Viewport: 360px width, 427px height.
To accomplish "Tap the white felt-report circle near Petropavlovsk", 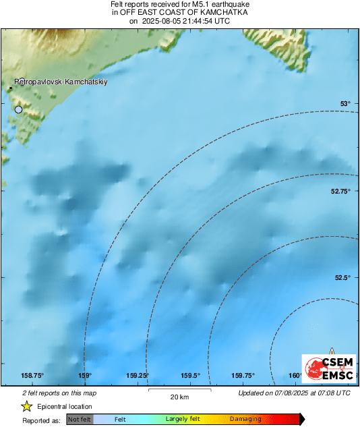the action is point(18,109).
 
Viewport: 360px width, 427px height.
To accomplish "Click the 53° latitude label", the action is point(344,103).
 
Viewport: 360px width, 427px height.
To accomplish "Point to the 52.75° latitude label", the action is point(340,192).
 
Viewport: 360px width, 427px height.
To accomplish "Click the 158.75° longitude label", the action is point(32,376).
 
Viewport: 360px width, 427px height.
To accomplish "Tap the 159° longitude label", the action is point(85,376).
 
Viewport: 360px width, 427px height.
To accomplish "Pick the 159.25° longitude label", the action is point(138,376).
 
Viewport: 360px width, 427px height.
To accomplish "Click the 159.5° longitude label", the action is point(190,376).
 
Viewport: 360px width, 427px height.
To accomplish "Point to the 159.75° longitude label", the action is point(243,376).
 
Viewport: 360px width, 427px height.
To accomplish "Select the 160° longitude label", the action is point(295,376).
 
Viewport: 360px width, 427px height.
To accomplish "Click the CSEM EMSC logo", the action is point(328,369).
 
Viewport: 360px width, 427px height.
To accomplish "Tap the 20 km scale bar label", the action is point(179,396).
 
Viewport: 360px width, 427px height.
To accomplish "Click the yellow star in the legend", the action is point(27,406).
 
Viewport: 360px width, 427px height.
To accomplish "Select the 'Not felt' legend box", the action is point(80,420).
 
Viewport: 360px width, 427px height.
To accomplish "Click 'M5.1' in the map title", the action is point(202,5).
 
